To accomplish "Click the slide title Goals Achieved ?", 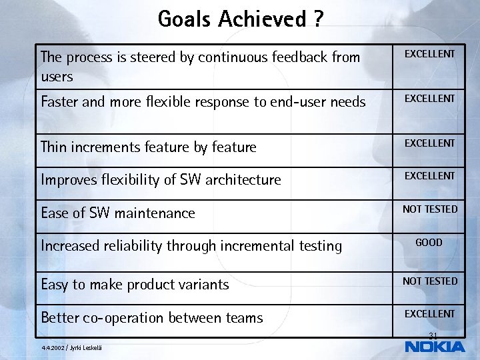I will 241,19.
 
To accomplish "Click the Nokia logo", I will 435,347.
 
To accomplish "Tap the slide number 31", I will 433,335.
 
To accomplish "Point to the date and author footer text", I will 71,347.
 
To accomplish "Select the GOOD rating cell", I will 429,243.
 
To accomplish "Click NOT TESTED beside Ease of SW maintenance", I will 430,209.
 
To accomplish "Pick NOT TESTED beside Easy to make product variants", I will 430,281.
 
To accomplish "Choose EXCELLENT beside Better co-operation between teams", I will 430,314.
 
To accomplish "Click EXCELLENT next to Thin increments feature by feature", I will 430,143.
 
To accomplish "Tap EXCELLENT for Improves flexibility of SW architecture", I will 430,176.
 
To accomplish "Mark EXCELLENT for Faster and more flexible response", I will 430,99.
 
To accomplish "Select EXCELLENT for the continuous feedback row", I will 430,54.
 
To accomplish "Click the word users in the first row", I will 57,77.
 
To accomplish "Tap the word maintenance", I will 155,213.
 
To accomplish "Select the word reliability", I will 134,246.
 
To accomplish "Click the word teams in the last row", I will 243,318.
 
